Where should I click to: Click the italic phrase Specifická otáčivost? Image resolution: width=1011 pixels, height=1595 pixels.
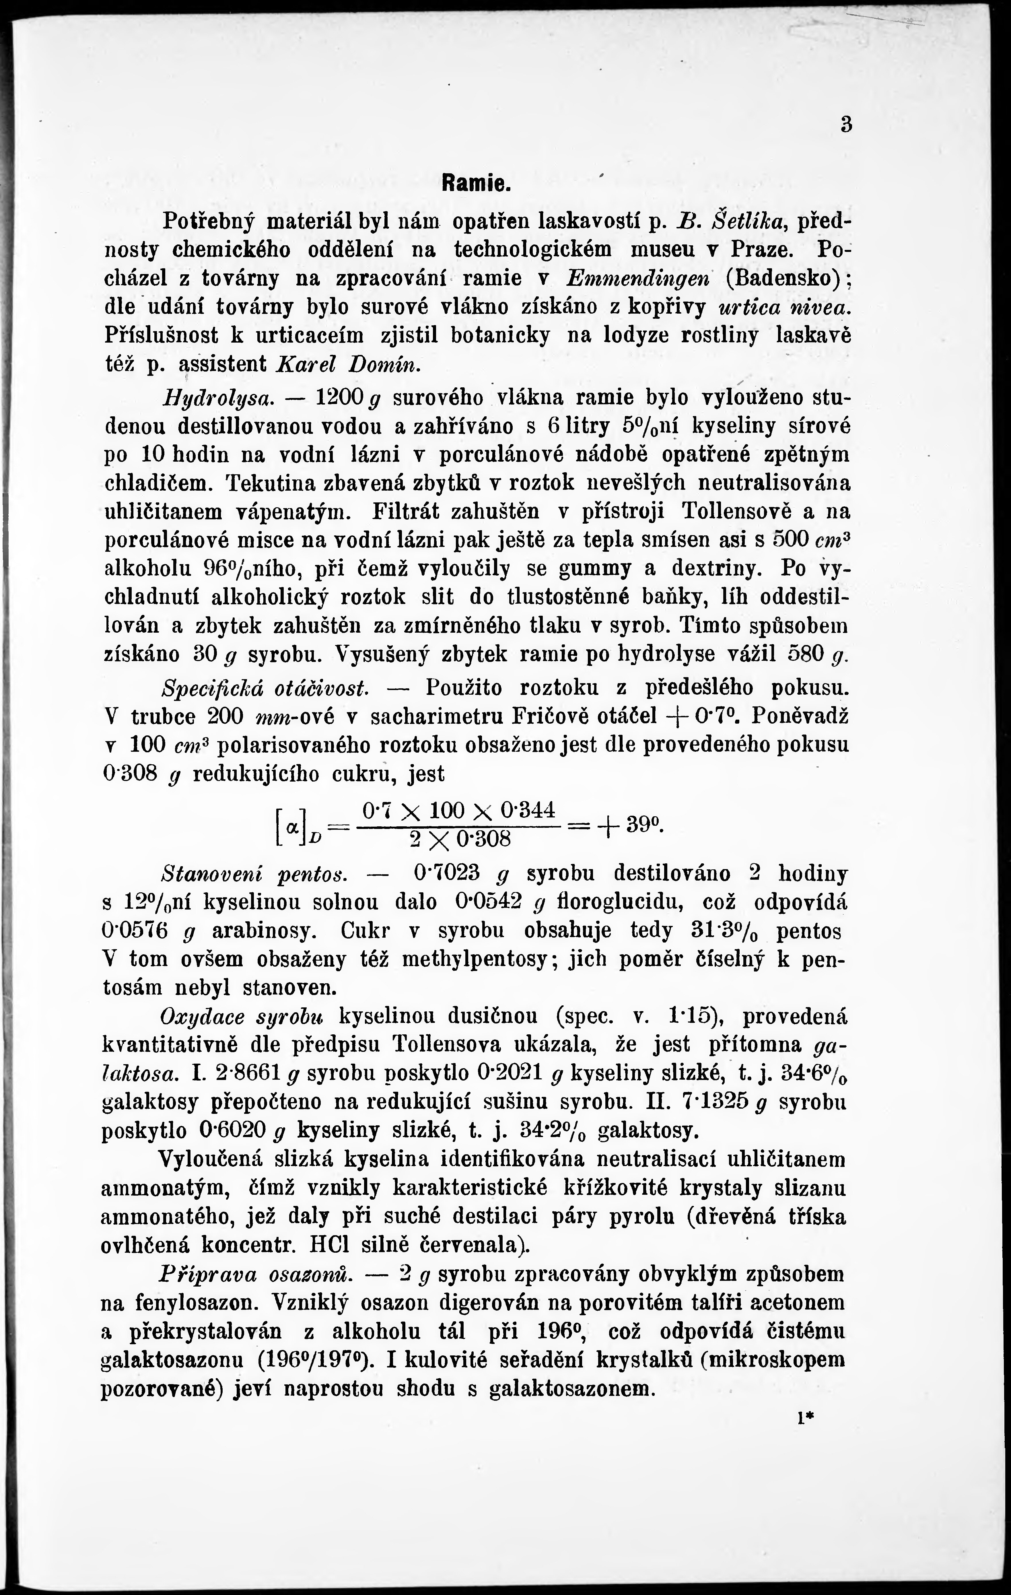(x=265, y=687)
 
